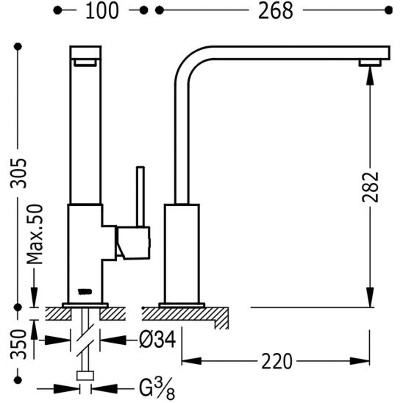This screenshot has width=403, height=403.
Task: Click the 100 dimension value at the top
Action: pos(101,11)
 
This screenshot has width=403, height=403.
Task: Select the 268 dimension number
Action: pos(276,11)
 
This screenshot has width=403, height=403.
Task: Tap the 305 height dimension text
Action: pos(18,174)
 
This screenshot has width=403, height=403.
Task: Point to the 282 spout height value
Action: pos(370,187)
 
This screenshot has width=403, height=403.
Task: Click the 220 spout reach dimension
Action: pos(277,361)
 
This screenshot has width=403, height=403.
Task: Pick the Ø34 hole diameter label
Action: pos(157,340)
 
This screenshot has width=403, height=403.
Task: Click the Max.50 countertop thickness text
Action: pos(35,235)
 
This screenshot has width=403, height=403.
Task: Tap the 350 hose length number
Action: pos(18,344)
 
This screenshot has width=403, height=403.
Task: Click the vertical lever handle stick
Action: pos(140,196)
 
